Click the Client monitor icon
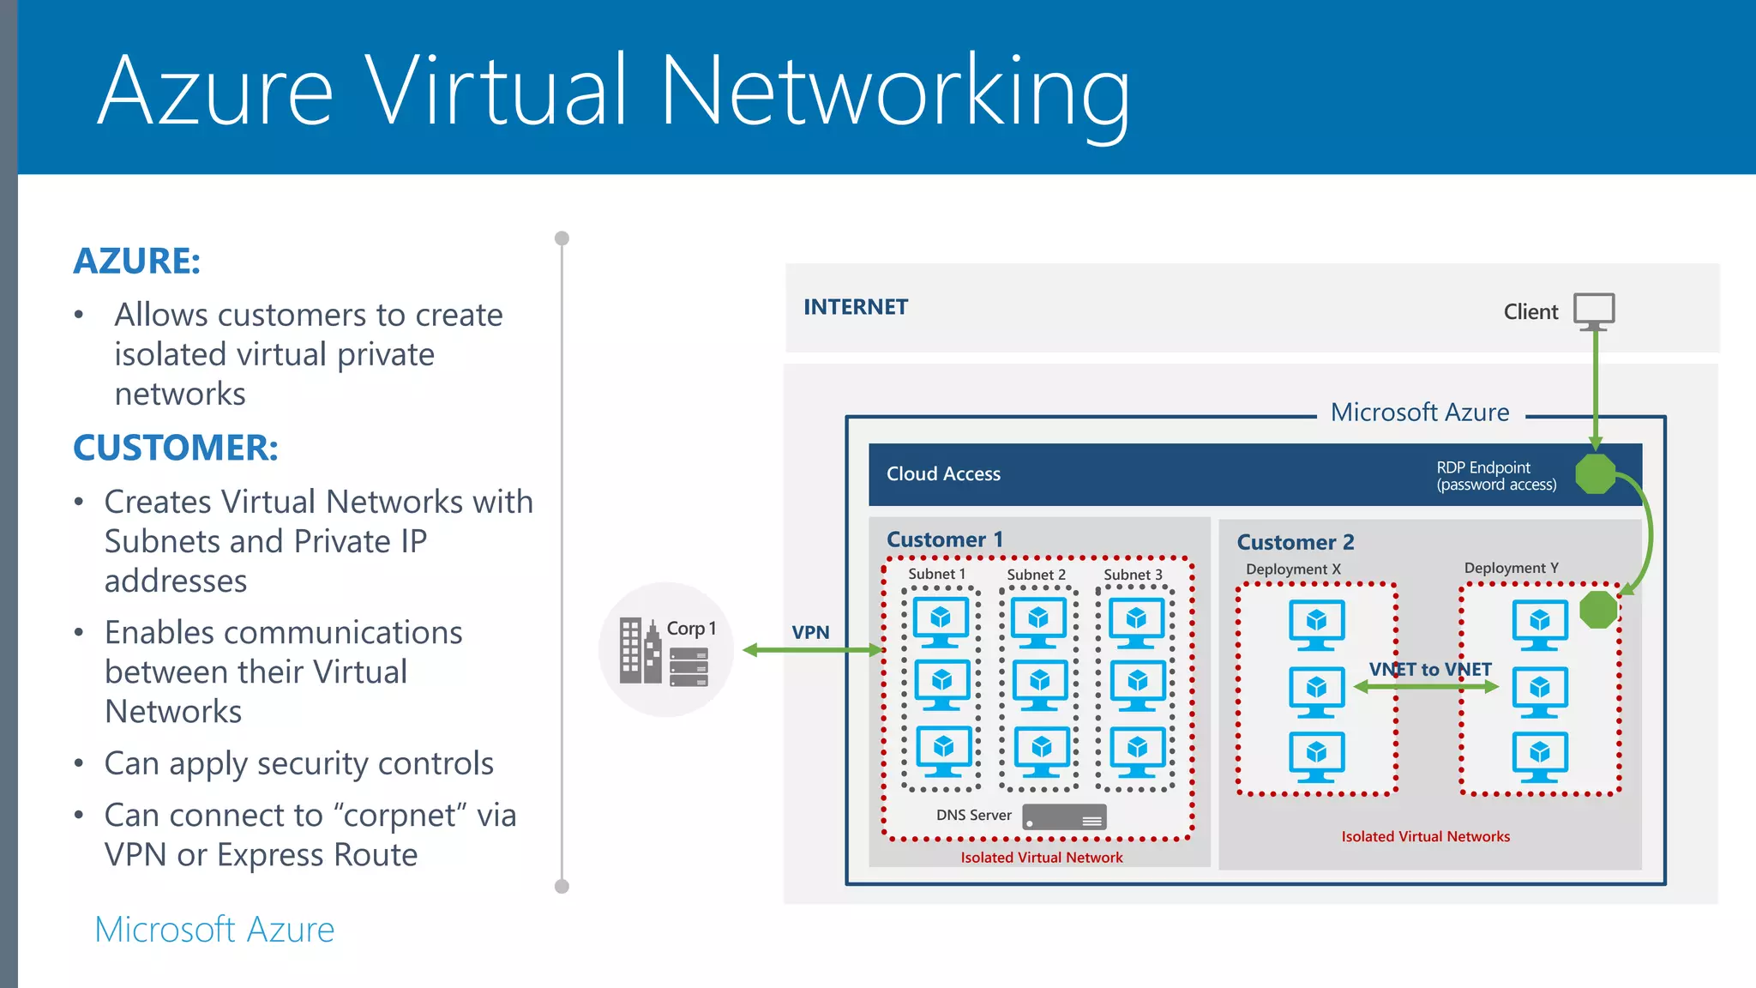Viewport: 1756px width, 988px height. coord(1594,310)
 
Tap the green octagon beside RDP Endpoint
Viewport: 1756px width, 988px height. coord(1596,473)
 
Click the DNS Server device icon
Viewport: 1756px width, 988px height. coord(1064,816)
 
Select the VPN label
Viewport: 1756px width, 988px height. coord(810,633)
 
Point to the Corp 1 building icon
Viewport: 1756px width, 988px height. coord(640,651)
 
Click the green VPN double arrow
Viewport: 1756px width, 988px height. coord(811,651)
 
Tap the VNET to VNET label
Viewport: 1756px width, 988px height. coord(1430,669)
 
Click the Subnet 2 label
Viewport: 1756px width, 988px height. coord(1036,575)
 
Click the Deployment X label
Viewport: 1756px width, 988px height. coord(1293,569)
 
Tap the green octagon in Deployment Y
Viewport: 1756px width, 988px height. coord(1598,610)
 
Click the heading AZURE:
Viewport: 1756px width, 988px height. coord(137,261)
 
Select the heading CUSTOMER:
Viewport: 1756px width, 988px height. coord(176,448)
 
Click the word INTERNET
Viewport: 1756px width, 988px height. coord(855,307)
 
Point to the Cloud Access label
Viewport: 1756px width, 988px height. coord(943,474)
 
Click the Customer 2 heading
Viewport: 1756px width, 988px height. coord(1295,542)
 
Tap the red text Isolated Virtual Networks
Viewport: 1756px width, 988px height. coord(1425,836)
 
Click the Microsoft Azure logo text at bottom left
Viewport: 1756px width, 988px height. coord(214,930)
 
